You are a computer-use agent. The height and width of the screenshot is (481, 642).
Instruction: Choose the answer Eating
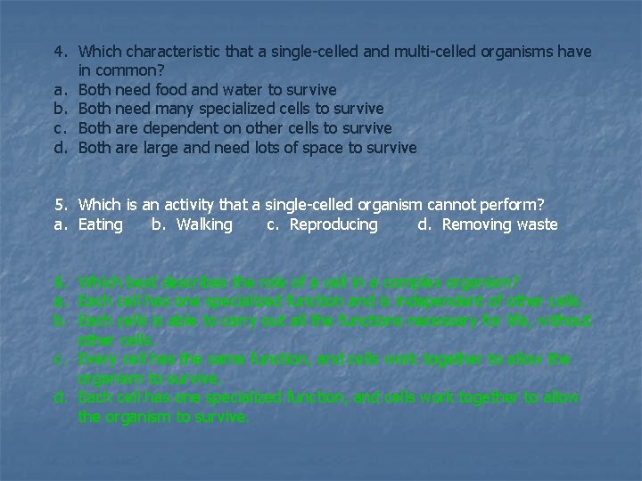[101, 224]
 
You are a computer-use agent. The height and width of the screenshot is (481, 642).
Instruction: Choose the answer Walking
[204, 224]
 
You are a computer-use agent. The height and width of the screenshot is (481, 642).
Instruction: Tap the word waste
[537, 224]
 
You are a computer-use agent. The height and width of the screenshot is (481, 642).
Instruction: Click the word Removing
[477, 224]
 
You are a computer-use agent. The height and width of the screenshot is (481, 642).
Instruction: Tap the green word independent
[464, 301]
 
